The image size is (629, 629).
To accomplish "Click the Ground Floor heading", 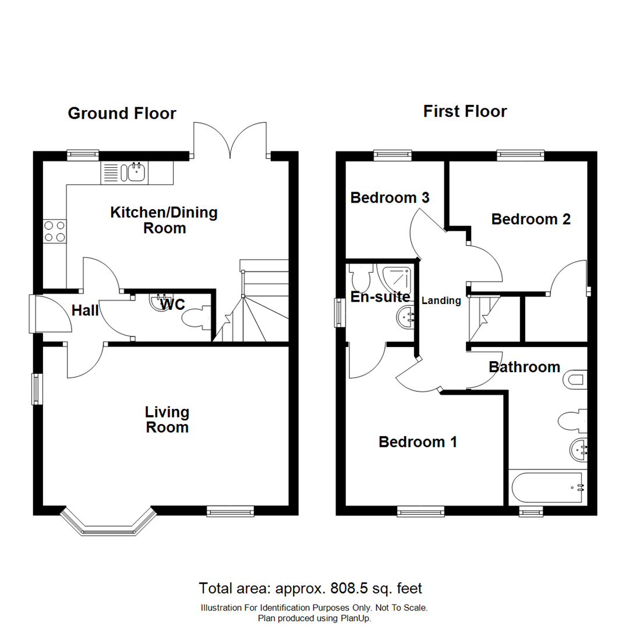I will point(122,113).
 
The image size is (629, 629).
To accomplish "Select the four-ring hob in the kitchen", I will point(54,231).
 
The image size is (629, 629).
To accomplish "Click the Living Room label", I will point(167,420).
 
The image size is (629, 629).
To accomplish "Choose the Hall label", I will point(84,310).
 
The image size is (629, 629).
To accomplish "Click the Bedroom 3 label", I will point(390,198).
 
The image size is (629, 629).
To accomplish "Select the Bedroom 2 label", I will point(531,220).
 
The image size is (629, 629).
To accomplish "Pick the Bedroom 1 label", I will point(418,442).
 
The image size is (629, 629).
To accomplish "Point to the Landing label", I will point(441,301).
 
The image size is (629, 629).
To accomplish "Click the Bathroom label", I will point(524,367).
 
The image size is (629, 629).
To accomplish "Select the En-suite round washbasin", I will point(404,318).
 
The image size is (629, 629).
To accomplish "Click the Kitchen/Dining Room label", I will point(164,220).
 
